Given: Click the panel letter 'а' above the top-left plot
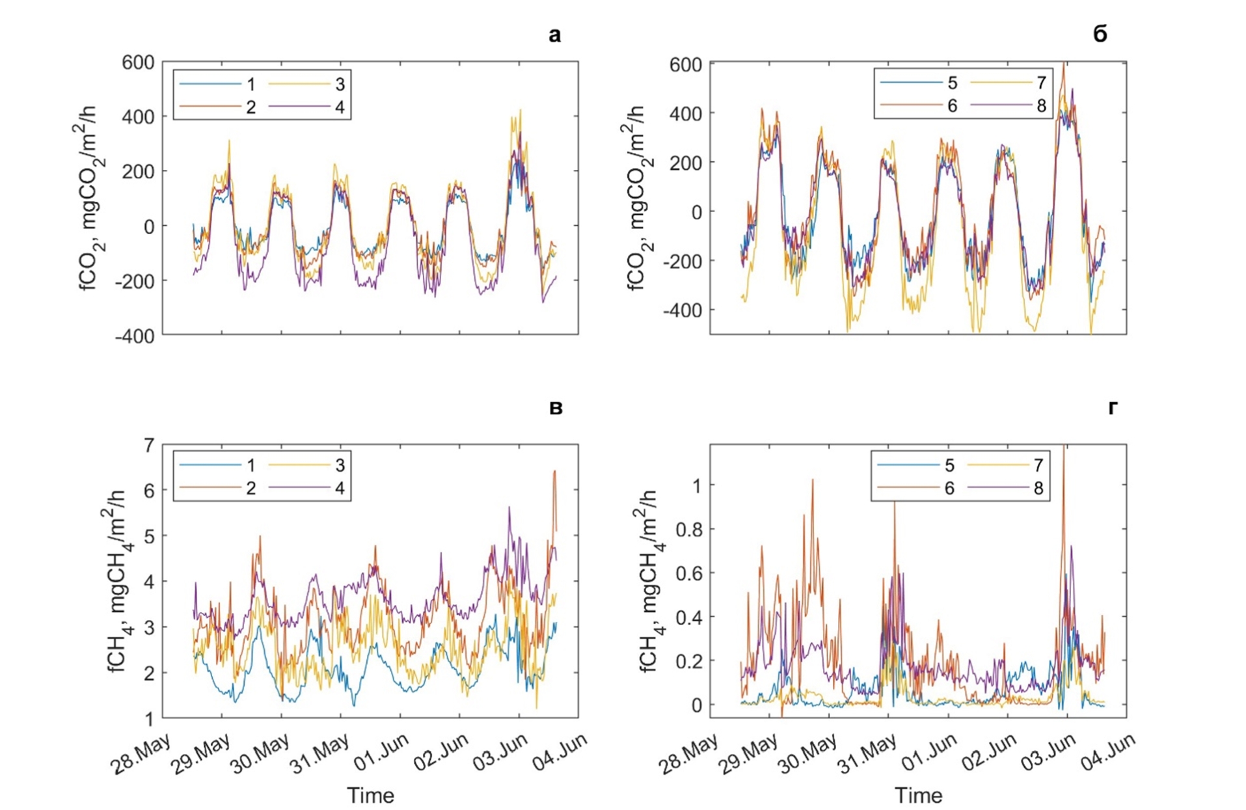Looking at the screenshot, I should pyautogui.click(x=554, y=35).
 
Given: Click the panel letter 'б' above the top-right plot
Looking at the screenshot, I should pyautogui.click(x=1100, y=34).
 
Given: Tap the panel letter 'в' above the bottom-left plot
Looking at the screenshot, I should pyautogui.click(x=556, y=408).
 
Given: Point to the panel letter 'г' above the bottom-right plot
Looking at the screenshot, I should pyautogui.click(x=1113, y=408).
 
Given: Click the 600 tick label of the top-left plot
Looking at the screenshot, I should pyautogui.click(x=138, y=62).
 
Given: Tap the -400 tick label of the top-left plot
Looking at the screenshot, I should pyautogui.click(x=135, y=336).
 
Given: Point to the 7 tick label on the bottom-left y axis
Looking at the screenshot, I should pyautogui.click(x=149, y=446).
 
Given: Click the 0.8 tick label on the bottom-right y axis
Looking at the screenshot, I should pyautogui.click(x=688, y=530).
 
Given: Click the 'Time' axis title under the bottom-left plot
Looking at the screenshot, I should pyautogui.click(x=370, y=795).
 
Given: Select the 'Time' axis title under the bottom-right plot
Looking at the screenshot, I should pyautogui.click(x=918, y=795).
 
